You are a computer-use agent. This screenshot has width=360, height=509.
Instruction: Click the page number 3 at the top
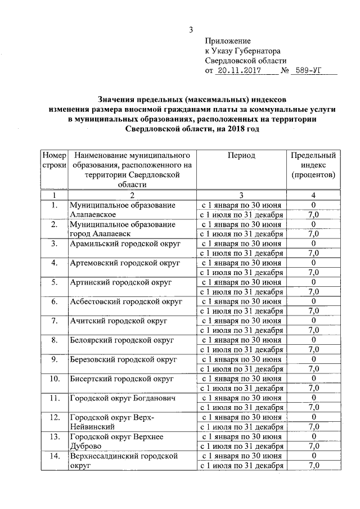[x=191, y=30]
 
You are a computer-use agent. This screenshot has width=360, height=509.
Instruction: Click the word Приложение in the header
[x=228, y=41]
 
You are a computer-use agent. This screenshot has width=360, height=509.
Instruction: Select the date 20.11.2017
[x=237, y=71]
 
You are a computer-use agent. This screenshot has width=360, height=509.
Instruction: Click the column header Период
[x=241, y=155]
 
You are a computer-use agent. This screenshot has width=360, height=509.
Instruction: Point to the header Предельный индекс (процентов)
[x=313, y=165]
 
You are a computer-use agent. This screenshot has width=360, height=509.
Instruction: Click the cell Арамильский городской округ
[x=124, y=244]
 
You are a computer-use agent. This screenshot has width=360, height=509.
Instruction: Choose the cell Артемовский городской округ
[x=124, y=263]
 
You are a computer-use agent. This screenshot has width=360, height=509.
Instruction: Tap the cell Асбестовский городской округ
[x=126, y=301]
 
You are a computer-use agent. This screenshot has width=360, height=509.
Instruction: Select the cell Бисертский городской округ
[x=123, y=379]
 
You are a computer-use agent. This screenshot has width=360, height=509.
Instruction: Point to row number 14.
[x=54, y=456]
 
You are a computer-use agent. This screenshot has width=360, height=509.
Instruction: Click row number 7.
[x=54, y=321]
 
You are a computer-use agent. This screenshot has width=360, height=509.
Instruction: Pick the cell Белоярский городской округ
[x=121, y=340]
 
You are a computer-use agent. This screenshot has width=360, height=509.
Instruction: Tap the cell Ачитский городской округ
[x=118, y=321]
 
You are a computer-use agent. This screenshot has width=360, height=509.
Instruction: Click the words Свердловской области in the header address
[x=246, y=61]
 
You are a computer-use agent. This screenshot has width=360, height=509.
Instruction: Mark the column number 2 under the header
[x=132, y=195]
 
